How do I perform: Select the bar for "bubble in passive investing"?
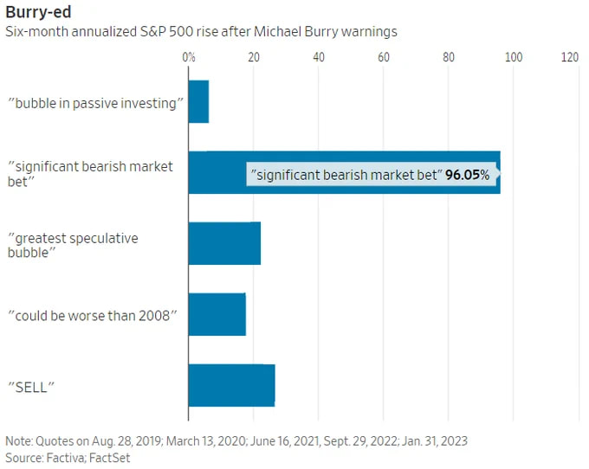click(x=198, y=101)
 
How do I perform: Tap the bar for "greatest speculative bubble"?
click(x=224, y=243)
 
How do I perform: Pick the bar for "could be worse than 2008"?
click(x=217, y=314)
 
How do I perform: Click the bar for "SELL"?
click(x=231, y=385)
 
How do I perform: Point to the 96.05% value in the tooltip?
click(x=468, y=175)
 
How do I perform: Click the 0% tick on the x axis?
click(x=189, y=57)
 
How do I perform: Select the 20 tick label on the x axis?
click(x=254, y=57)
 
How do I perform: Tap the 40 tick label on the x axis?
click(x=319, y=57)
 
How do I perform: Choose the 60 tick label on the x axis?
click(x=384, y=57)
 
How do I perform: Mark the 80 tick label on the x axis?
click(x=449, y=57)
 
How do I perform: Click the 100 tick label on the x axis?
click(x=514, y=57)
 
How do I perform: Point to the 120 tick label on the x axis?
click(x=569, y=57)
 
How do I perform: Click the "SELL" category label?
click(x=31, y=386)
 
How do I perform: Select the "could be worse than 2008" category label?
click(x=93, y=315)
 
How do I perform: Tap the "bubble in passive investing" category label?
click(x=96, y=103)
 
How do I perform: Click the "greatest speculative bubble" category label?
click(x=73, y=245)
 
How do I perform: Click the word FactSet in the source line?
click(x=107, y=458)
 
